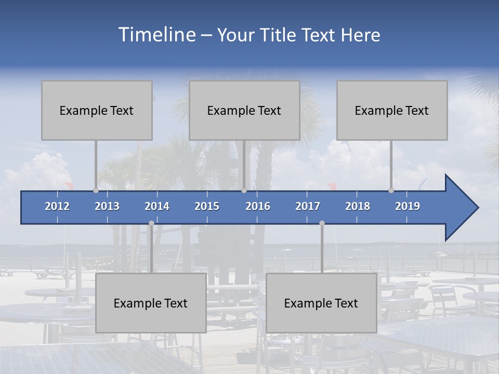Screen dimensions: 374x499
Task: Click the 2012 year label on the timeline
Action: (x=57, y=206)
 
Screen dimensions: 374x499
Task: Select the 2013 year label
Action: (x=107, y=206)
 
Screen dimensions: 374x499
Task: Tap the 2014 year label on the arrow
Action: (x=157, y=206)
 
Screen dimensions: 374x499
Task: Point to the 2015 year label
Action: (x=207, y=206)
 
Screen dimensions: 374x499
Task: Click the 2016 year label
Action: (x=258, y=206)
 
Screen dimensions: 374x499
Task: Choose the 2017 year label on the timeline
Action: (x=308, y=206)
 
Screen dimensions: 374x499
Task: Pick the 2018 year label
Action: (x=358, y=206)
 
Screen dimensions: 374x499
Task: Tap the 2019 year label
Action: (x=408, y=206)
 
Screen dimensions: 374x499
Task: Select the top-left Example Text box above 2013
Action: (x=97, y=110)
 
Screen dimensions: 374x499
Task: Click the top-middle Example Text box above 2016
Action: (x=244, y=110)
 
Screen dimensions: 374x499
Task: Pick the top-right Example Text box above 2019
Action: (x=392, y=110)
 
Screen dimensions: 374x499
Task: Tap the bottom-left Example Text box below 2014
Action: (x=151, y=303)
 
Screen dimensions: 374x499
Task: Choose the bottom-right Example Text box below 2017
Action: (x=321, y=303)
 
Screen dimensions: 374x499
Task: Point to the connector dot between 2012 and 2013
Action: (x=96, y=190)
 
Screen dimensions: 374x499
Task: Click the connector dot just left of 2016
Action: (x=244, y=190)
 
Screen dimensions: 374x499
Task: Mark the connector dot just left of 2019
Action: (x=391, y=190)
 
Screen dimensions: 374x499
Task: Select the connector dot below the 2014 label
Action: (x=151, y=223)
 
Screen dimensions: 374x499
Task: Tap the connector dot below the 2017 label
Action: (x=322, y=223)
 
